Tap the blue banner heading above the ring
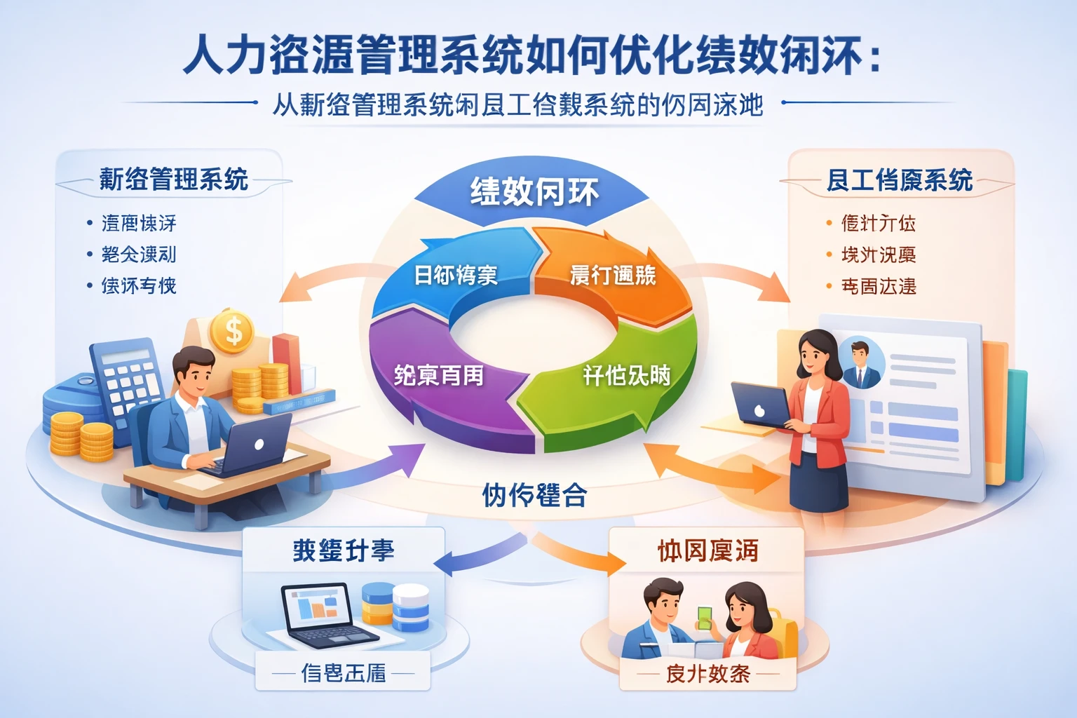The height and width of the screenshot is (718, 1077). (x=534, y=191)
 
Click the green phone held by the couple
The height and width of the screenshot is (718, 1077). (x=704, y=618)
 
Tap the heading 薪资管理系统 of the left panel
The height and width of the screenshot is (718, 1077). (x=173, y=179)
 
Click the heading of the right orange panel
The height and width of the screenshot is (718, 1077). (x=900, y=180)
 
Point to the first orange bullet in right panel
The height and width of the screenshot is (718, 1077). (x=829, y=224)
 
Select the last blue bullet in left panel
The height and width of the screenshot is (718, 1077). (x=90, y=286)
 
